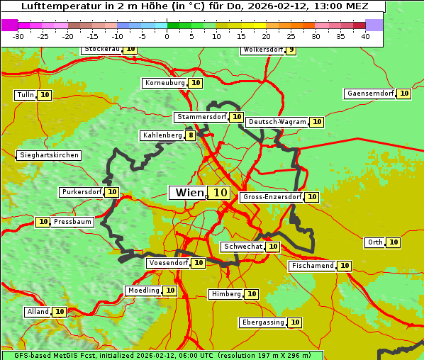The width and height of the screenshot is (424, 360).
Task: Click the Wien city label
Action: click(x=189, y=193)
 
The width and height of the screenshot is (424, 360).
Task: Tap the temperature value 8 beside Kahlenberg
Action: click(x=191, y=135)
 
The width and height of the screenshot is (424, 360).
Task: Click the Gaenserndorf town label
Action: click(x=369, y=94)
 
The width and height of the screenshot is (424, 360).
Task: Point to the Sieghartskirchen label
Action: click(x=48, y=155)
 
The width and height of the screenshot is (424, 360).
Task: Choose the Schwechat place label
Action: click(x=242, y=247)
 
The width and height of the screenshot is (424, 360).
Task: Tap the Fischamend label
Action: click(x=311, y=266)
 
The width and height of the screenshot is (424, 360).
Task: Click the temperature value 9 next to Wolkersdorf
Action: click(x=291, y=50)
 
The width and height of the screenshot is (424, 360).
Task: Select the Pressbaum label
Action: click(x=72, y=222)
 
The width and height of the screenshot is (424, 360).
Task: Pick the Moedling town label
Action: click(x=143, y=291)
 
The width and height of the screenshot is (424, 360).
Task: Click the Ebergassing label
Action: click(x=262, y=322)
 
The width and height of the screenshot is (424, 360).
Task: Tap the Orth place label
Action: click(x=374, y=242)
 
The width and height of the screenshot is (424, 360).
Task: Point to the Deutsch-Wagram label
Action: click(x=277, y=122)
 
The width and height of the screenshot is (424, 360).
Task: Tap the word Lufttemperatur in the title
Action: click(x=53, y=6)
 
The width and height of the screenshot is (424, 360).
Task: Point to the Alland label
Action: click(x=38, y=312)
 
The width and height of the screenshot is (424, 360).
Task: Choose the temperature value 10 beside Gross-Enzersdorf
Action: click(x=311, y=197)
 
